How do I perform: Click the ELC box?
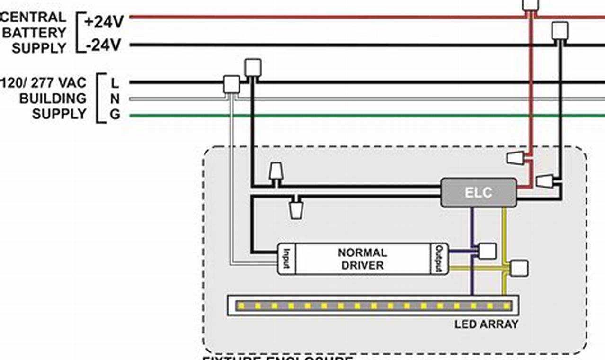[479, 193]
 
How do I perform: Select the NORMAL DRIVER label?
[362, 259]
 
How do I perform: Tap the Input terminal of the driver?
[286, 259]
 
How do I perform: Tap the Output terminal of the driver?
[439, 259]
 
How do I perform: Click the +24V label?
[104, 21]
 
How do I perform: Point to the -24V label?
[104, 45]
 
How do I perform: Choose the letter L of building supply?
[115, 83]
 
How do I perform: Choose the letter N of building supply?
[115, 99]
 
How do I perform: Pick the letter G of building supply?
[115, 115]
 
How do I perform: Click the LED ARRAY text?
[486, 324]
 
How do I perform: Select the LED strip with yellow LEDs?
[373, 306]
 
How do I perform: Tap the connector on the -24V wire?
[560, 31]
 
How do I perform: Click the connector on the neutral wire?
[231, 84]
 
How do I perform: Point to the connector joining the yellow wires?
[520, 269]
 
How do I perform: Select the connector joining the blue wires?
[487, 251]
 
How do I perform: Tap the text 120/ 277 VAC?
[44, 83]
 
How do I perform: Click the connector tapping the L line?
[253, 68]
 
